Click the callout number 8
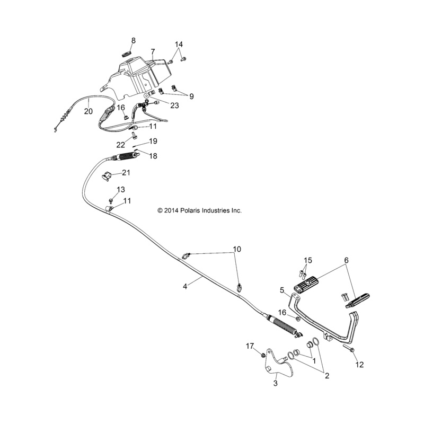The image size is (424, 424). [x=134, y=41]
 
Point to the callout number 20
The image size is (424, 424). [x=88, y=111]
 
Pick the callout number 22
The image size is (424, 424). [x=120, y=144]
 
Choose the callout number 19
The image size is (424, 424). [x=153, y=142]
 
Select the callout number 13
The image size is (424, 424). [x=121, y=190]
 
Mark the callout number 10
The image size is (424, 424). [x=236, y=249]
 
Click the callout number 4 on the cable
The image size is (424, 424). [x=185, y=286]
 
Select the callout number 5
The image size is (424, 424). [x=282, y=290]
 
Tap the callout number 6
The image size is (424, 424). [x=347, y=260]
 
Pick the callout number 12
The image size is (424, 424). [x=360, y=364]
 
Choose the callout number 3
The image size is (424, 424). [x=276, y=383]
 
